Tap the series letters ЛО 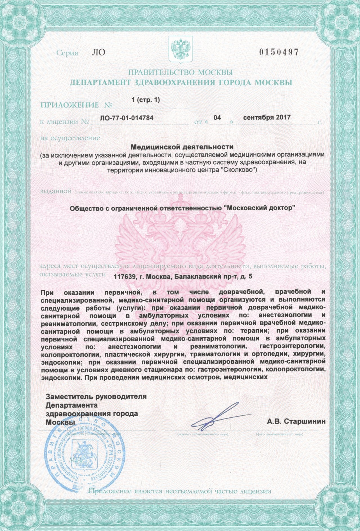click(x=98, y=53)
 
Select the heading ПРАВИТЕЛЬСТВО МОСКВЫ click(x=180, y=72)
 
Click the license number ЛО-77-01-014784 click(x=127, y=118)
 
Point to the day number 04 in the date click(x=217, y=118)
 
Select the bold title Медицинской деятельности click(x=183, y=147)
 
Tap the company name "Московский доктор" click(x=259, y=208)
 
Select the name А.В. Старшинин click(x=296, y=422)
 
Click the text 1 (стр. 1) click(x=145, y=100)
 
